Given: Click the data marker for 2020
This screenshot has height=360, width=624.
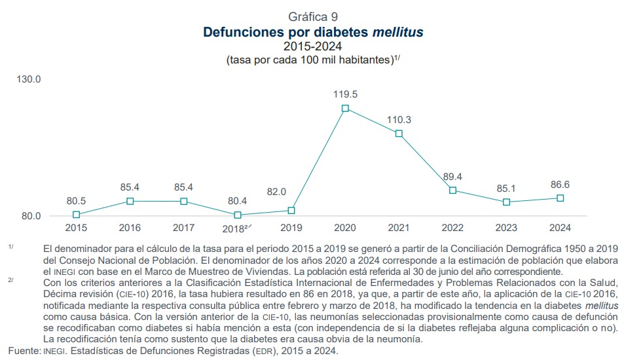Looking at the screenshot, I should pos(345,108).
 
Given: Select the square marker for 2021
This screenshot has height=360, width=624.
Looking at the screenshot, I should pos(399,134).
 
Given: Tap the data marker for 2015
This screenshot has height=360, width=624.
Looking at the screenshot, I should pos(77,215).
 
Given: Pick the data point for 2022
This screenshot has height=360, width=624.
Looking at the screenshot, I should pos(452,190).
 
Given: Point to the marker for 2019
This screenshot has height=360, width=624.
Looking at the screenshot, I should pos(291,211).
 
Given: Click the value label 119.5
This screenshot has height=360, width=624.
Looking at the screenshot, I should pos(345,94).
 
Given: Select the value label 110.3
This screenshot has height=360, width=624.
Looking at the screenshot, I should pos(399,120).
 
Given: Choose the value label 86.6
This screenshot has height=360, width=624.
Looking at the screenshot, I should pos(560,185).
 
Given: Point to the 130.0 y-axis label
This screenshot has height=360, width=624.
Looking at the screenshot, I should pos(29,79).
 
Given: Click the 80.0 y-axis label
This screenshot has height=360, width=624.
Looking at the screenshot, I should pos(29,216).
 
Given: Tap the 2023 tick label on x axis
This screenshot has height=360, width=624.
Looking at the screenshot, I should pos(507,228).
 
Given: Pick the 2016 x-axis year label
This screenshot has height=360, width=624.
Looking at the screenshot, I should pos(130,228).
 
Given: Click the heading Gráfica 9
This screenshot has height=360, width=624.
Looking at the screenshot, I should pos(312,16).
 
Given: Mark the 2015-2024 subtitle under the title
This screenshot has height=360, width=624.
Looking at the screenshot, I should pos(312,46).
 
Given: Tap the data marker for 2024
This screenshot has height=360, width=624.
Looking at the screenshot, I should pos(560,198).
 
